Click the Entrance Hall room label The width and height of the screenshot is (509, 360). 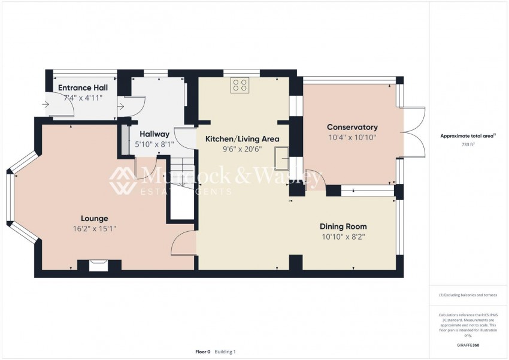(83, 87)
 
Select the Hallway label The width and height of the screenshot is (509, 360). (154, 134)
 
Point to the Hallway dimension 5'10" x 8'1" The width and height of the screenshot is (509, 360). (154, 144)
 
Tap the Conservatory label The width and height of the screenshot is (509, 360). (352, 127)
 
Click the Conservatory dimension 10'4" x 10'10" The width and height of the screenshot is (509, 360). (352, 137)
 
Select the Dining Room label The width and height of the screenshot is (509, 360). (343, 226)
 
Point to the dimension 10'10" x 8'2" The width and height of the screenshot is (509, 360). (343, 237)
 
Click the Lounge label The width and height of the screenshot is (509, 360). (95, 218)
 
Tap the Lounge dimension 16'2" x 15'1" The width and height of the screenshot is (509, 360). (95, 228)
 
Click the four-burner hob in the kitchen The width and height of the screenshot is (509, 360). (240, 86)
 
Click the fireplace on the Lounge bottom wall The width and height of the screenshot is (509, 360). (98, 265)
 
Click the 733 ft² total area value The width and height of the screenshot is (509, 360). (468, 145)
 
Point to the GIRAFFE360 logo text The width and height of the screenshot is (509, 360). (468, 346)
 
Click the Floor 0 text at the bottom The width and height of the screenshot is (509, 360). (203, 352)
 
